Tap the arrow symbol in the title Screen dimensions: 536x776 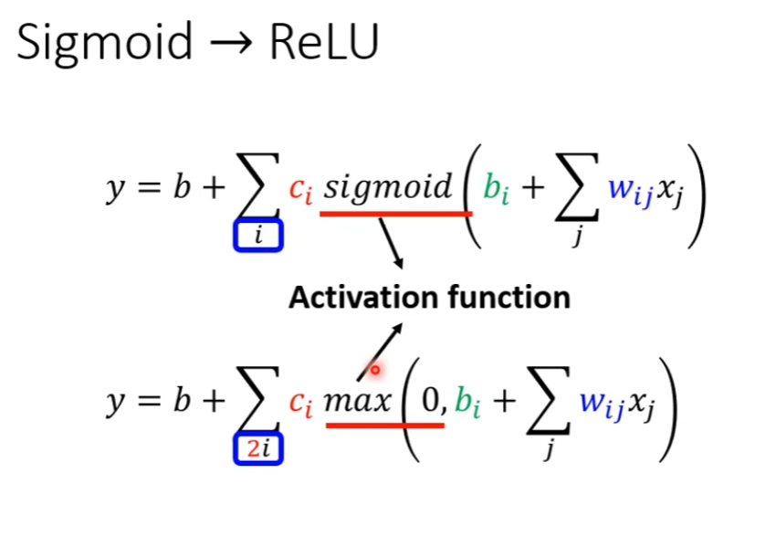[231, 43]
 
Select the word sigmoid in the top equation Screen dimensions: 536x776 [389, 187]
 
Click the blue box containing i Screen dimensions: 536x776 [258, 236]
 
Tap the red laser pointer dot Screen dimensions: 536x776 [374, 370]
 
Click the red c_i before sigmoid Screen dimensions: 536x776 [301, 190]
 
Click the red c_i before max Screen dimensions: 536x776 [301, 403]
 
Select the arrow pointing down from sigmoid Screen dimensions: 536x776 [390, 242]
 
